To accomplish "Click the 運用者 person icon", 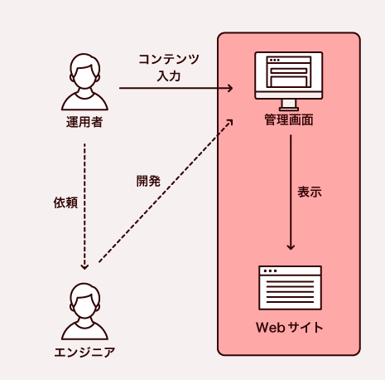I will (x=85, y=83).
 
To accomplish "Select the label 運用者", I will (x=85, y=123).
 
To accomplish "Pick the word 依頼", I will (x=65, y=202).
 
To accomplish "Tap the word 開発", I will (x=149, y=180).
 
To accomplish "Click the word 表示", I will (x=309, y=191).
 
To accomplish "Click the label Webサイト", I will (x=290, y=327).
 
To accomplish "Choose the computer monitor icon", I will (x=289, y=80).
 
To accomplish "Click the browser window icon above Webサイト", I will (x=290, y=287).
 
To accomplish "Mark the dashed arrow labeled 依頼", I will (x=85, y=207).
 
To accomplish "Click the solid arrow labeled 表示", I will (x=290, y=191).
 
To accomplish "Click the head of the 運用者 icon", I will (x=85, y=71).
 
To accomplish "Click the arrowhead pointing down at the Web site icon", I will (x=290, y=246).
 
